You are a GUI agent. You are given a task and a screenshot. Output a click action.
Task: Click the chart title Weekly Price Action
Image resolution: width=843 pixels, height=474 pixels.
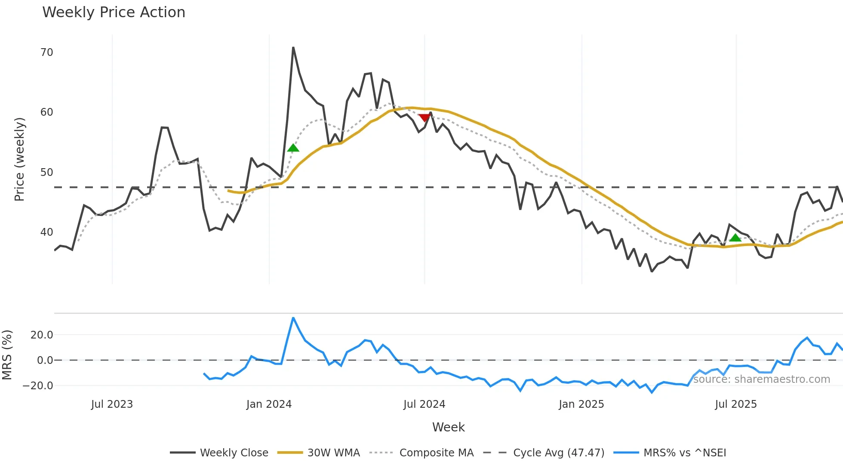pyautogui.click(x=114, y=12)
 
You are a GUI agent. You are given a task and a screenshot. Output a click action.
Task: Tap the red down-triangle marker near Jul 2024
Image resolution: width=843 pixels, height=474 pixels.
pyautogui.click(x=425, y=118)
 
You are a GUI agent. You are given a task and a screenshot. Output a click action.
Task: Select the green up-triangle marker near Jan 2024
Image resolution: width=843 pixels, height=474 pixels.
pyautogui.click(x=293, y=148)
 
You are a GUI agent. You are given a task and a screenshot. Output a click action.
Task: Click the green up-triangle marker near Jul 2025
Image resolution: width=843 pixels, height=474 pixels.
pyautogui.click(x=735, y=238)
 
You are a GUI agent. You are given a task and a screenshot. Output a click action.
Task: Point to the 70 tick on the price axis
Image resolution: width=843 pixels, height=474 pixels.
pyautogui.click(x=46, y=52)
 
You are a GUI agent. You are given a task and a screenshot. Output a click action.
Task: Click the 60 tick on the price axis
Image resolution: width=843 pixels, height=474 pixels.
pyautogui.click(x=46, y=112)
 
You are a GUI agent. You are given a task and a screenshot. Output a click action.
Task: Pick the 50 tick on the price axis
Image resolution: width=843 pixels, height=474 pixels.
pyautogui.click(x=46, y=172)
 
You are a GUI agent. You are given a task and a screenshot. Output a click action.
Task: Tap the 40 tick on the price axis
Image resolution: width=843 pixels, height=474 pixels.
pyautogui.click(x=46, y=232)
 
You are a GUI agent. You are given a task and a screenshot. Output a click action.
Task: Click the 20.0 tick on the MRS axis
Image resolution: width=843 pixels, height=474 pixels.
pyautogui.click(x=42, y=335)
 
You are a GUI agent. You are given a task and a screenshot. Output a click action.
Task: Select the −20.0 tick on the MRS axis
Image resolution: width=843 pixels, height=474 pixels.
pyautogui.click(x=38, y=386)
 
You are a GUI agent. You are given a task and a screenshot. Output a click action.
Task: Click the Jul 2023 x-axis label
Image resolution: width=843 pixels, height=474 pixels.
pyautogui.click(x=112, y=404)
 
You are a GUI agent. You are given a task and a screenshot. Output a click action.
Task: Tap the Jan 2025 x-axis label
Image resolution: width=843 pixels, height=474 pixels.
pyautogui.click(x=581, y=404)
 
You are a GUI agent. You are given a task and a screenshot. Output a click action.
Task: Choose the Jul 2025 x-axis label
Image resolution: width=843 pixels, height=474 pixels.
pyautogui.click(x=735, y=404)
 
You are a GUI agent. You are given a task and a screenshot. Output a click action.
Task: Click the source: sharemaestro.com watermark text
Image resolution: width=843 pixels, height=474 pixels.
pyautogui.click(x=761, y=379)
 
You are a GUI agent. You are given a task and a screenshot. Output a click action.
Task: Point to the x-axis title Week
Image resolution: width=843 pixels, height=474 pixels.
pyautogui.click(x=448, y=427)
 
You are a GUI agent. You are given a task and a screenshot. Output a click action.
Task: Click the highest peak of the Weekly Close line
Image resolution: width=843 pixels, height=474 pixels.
pyautogui.click(x=293, y=48)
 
